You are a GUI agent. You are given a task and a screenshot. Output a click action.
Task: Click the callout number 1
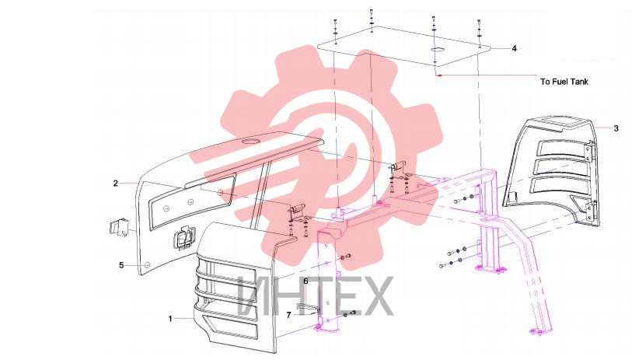click(x=170, y=319)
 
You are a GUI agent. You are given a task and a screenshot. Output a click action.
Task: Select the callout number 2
click(x=116, y=183)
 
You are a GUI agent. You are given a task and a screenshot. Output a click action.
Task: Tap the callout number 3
click(x=616, y=128)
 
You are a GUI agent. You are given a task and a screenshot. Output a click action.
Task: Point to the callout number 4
click(x=514, y=48)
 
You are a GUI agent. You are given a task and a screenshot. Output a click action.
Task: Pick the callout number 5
click(x=121, y=265)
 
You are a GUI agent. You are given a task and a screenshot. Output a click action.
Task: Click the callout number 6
click(x=306, y=281)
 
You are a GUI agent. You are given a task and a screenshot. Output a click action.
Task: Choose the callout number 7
click(x=288, y=315)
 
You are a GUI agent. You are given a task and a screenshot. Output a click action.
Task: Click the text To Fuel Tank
click(x=564, y=82)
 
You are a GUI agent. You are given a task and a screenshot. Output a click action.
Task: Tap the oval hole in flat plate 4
click(x=438, y=49)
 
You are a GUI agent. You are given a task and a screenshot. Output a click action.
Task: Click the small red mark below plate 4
click(x=440, y=75)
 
